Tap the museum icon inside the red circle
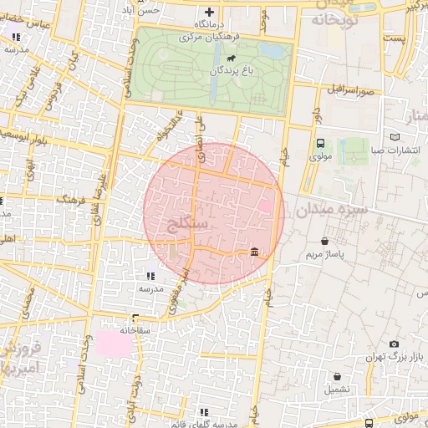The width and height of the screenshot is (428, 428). (253, 252)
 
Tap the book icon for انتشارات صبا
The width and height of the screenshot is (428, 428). (395, 137)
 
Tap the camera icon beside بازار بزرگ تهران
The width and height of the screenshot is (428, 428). (394, 344)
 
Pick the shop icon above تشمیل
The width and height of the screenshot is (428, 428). (338, 375)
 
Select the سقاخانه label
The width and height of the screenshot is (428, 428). (133, 330)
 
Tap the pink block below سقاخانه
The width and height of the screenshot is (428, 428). (115, 343)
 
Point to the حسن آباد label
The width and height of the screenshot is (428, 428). (161, 11)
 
